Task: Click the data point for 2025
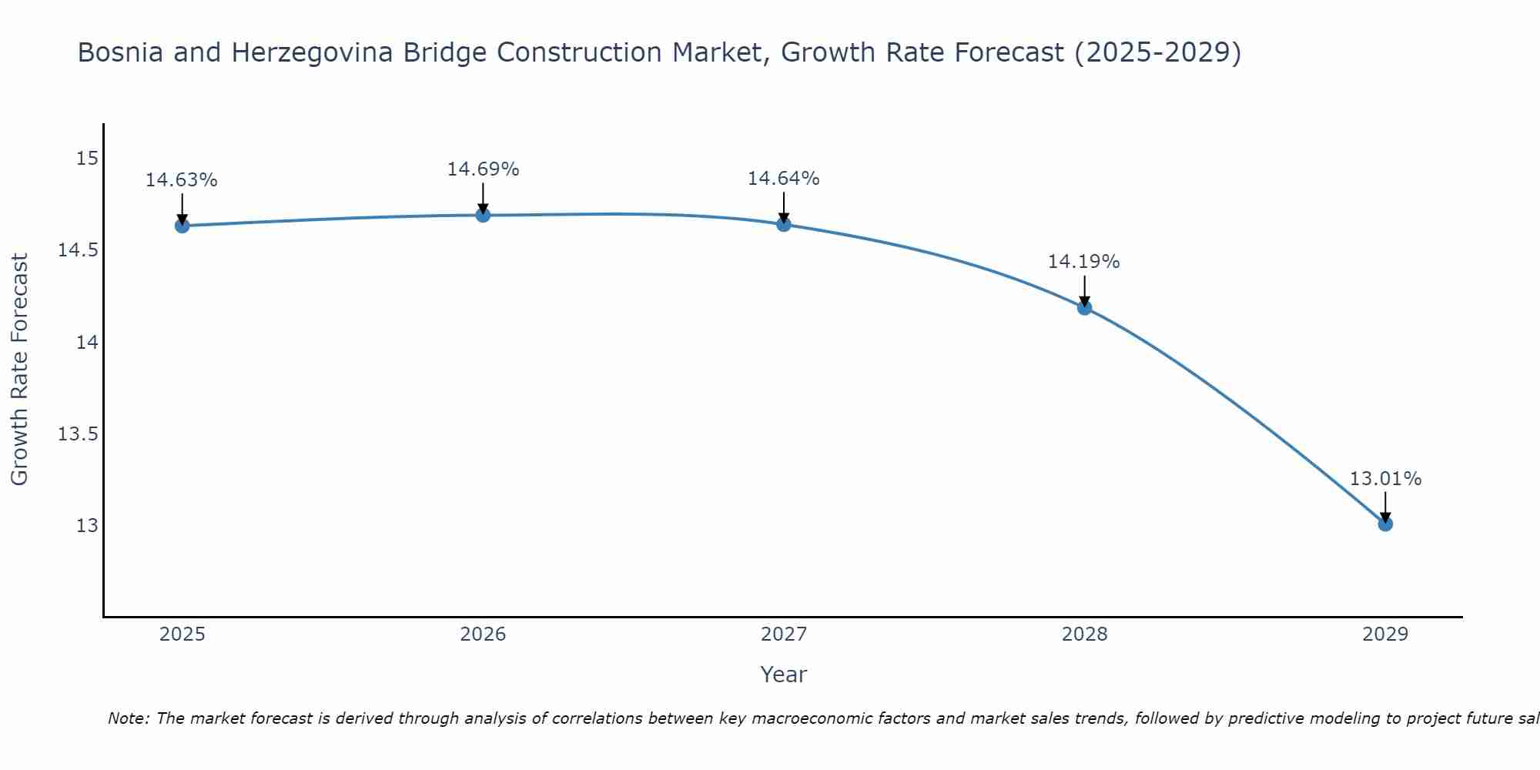(182, 226)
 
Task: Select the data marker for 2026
(483, 215)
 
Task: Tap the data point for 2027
(784, 224)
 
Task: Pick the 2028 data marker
(1084, 307)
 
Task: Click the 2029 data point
(1385, 524)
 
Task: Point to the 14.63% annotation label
(182, 180)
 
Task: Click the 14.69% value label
(483, 169)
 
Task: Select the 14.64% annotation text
(784, 179)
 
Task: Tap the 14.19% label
(1084, 262)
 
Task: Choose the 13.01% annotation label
(1385, 479)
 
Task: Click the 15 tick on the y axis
(88, 159)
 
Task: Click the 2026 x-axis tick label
(483, 634)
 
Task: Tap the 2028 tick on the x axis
(1084, 634)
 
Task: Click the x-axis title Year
(783, 675)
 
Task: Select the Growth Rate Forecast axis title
(19, 370)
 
